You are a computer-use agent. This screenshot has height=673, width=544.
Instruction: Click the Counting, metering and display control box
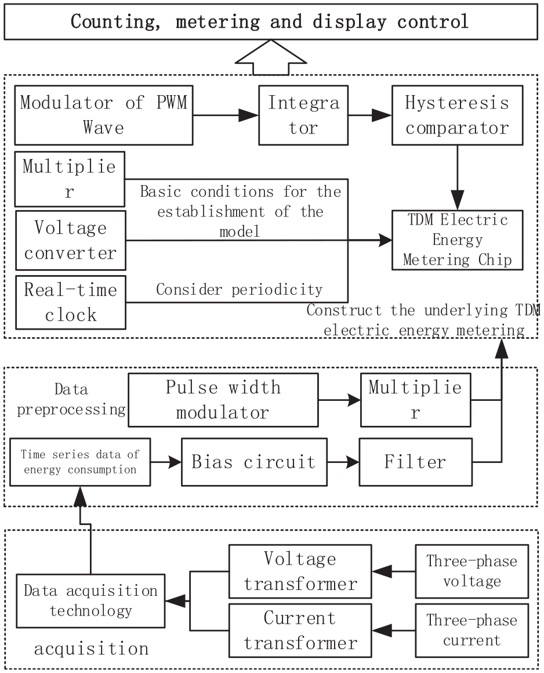pyautogui.click(x=271, y=22)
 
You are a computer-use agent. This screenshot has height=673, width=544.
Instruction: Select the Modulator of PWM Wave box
pyautogui.click(x=104, y=115)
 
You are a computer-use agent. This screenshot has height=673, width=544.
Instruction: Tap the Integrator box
pyautogui.click(x=303, y=115)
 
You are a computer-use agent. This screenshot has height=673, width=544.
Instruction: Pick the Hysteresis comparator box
pyautogui.click(x=458, y=115)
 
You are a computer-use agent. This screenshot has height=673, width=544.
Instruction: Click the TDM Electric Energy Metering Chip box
pyautogui.click(x=458, y=240)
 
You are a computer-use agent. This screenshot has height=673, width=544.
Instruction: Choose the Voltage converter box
pyautogui.click(x=71, y=240)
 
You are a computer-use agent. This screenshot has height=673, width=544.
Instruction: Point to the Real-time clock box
pyautogui.click(x=71, y=303)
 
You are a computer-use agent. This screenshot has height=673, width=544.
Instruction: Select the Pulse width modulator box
pyautogui.click(x=223, y=400)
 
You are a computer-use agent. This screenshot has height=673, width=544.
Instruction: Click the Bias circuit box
pyautogui.click(x=255, y=462)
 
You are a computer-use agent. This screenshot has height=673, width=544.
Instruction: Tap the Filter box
pyautogui.click(x=416, y=462)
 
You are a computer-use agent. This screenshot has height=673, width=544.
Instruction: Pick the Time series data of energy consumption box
pyautogui.click(x=80, y=462)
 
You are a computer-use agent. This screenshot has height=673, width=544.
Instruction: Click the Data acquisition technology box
pyautogui.click(x=90, y=601)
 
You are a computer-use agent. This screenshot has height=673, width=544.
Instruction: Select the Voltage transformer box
pyautogui.click(x=300, y=571)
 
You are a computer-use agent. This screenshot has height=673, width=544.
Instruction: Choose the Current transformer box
pyautogui.click(x=300, y=631)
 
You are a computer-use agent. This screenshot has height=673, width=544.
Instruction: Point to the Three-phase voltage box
pyautogui.click(x=472, y=571)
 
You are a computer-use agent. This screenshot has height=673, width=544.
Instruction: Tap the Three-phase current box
pyautogui.click(x=472, y=631)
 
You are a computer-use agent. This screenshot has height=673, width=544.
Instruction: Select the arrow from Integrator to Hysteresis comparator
pyautogui.click(x=370, y=115)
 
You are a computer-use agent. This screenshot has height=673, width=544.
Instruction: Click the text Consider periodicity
pyautogui.click(x=239, y=290)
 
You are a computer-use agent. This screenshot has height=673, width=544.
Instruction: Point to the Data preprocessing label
pyautogui.click(x=71, y=399)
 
